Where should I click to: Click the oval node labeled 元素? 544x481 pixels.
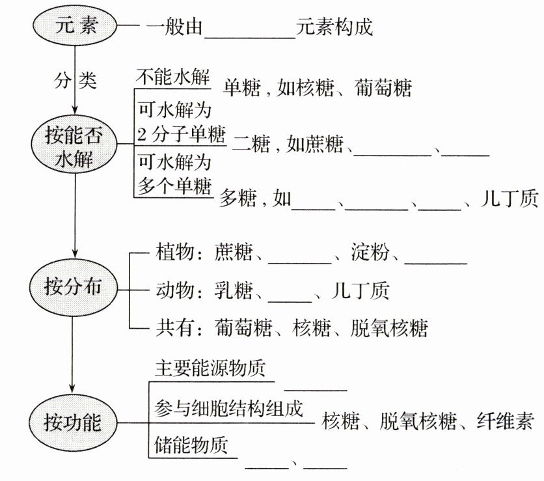[x=75, y=25]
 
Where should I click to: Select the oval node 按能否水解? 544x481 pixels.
[x=74, y=144]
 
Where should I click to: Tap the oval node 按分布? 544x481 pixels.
[x=73, y=289]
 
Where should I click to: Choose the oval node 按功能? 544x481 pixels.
[x=73, y=422]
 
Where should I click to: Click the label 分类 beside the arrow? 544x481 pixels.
[x=75, y=81]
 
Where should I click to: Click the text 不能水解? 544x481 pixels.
[x=173, y=77]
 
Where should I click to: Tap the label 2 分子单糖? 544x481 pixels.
[x=181, y=134]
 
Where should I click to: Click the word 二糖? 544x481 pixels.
[x=251, y=144]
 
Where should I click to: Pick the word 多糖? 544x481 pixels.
[x=238, y=198]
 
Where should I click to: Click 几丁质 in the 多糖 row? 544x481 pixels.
[x=510, y=198]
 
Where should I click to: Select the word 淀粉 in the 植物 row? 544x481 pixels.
[x=370, y=252]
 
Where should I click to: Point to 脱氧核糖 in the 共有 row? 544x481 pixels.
[x=389, y=328]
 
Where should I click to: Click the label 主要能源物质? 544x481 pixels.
[x=210, y=368]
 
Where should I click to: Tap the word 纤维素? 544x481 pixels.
[x=505, y=422]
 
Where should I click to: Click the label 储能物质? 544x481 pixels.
[x=191, y=445]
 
